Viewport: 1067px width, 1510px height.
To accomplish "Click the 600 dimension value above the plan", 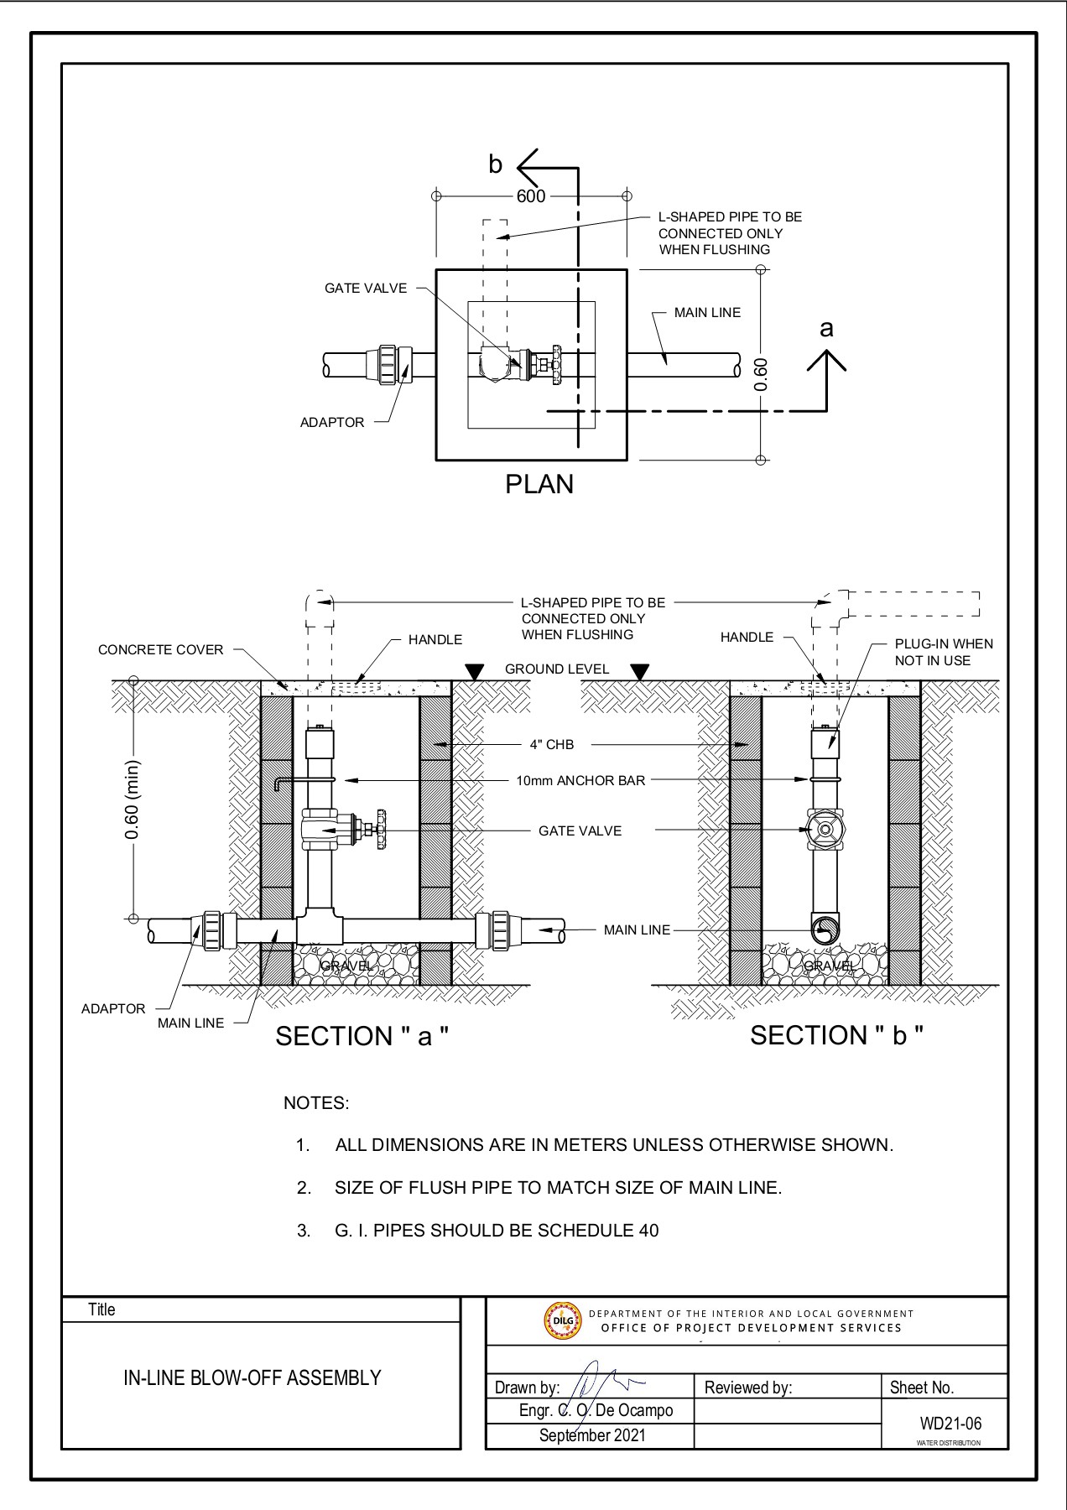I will pos(530,196).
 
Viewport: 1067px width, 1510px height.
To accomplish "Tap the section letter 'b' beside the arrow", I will pos(495,165).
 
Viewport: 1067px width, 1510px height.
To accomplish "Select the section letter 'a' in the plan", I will pos(826,328).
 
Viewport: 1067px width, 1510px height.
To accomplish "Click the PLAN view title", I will pos(539,484).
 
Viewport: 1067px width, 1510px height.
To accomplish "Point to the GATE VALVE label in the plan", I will pos(366,289).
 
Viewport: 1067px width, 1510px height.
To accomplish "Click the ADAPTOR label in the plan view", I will pos(332,423).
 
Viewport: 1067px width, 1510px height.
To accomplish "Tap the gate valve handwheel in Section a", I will pos(383,829).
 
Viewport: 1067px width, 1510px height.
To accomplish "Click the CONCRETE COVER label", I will pos(161,650).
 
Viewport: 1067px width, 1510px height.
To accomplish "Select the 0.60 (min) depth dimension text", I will pos(132,799).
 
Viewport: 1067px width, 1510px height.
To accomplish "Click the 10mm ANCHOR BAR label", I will pos(580,781).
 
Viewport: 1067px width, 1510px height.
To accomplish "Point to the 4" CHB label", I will pos(551,745).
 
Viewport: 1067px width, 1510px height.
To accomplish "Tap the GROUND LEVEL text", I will pos(557,669).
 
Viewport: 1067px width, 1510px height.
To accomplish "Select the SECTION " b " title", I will pos(836,1035).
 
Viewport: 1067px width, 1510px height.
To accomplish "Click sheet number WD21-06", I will pos(950,1424).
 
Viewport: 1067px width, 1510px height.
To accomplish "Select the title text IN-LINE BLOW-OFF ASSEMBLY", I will pos(252,1378).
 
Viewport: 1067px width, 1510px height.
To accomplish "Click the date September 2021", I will pos(592,1435).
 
